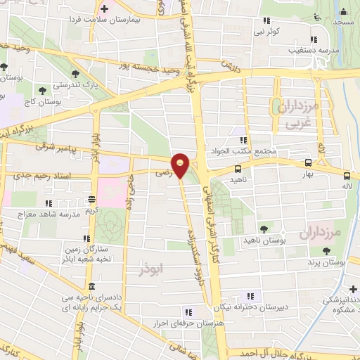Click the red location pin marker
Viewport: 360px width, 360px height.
181,165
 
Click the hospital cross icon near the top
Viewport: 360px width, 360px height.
105,8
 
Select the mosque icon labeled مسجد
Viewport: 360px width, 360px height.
343,11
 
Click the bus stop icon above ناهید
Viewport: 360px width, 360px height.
238,169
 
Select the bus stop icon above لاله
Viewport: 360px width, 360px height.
347,176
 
